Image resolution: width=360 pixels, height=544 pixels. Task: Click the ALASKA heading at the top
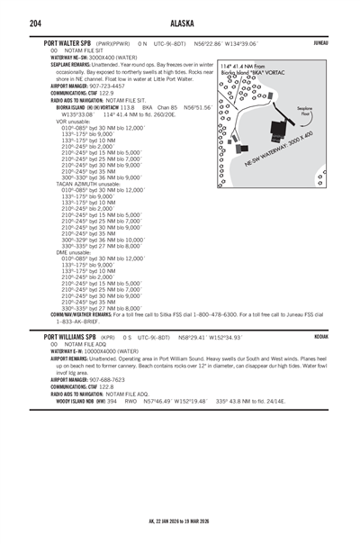179,23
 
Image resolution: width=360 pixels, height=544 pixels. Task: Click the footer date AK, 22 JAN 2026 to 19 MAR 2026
179,520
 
